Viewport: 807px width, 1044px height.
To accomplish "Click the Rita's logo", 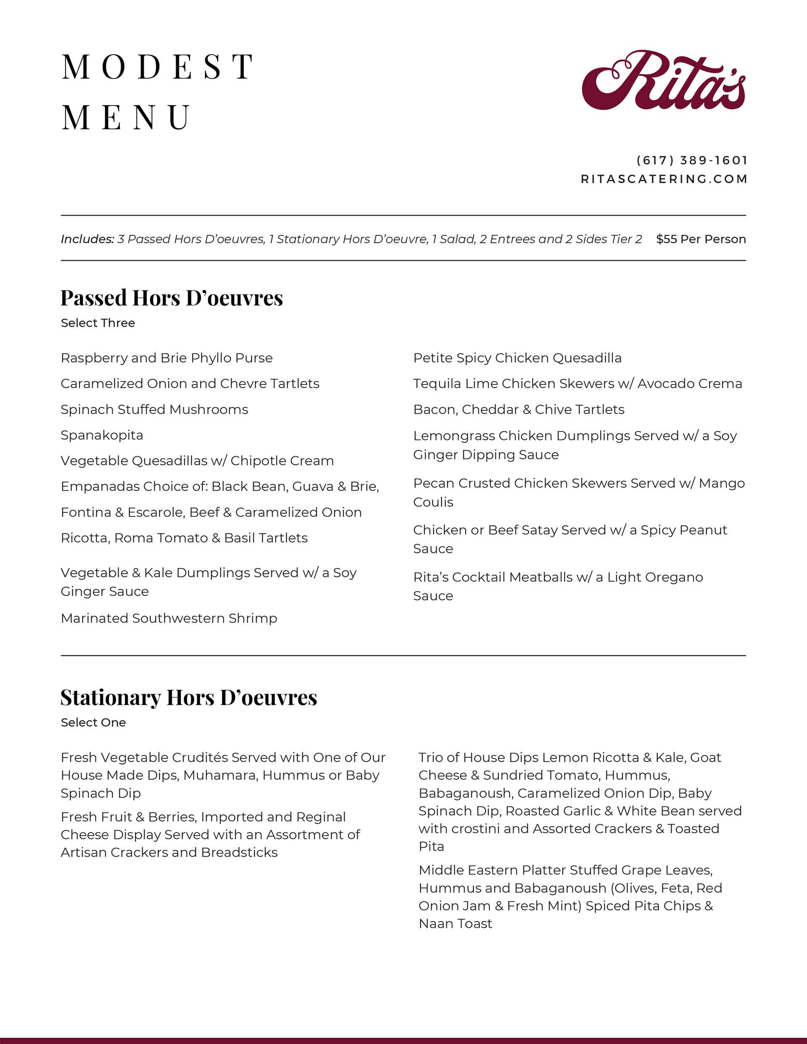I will (664, 80).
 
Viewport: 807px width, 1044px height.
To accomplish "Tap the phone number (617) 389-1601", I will (692, 160).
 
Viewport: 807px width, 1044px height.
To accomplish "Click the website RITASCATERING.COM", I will (664, 179).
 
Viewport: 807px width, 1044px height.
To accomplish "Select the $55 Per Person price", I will (701, 239).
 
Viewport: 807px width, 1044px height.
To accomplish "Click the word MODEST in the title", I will (158, 66).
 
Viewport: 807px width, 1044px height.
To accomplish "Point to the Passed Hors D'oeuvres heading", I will (172, 298).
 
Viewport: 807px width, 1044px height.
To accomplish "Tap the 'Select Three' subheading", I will (98, 323).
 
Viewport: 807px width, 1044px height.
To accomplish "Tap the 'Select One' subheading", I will (93, 722).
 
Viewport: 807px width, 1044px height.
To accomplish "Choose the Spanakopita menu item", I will (102, 435).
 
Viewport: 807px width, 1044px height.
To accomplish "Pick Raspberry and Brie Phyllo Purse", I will (166, 358).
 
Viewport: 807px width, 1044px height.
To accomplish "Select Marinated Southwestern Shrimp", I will (169, 618).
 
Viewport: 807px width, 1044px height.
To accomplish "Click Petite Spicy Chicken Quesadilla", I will (517, 358).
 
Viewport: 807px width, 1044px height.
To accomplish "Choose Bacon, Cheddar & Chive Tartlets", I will (519, 410).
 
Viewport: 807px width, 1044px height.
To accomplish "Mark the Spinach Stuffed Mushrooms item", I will (155, 410).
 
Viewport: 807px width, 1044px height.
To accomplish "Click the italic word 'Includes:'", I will (87, 239).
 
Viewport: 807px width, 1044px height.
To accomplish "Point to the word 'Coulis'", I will (433, 502).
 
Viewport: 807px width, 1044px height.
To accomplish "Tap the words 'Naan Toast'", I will (455, 923).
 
